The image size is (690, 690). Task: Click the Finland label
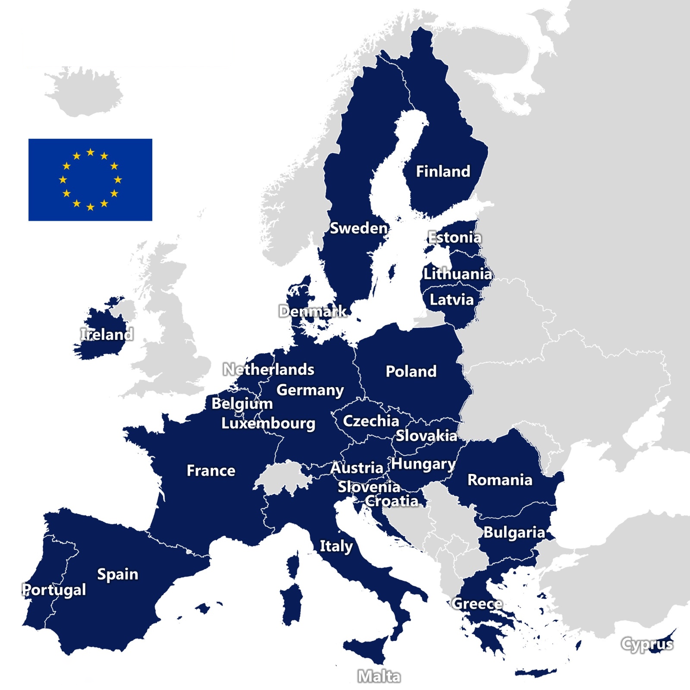tap(443, 172)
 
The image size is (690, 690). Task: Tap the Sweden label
tap(358, 228)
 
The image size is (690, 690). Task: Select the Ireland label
tap(107, 334)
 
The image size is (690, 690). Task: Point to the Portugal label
tap(54, 590)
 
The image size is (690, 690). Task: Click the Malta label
tap(379, 676)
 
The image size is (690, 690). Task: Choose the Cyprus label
tap(647, 644)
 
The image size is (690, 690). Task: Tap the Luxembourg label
tap(268, 423)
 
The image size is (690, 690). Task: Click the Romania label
tap(500, 480)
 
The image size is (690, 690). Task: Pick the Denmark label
tap(313, 311)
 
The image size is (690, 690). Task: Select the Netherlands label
tap(269, 369)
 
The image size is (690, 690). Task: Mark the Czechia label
tap(371, 421)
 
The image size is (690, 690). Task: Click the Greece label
tap(477, 604)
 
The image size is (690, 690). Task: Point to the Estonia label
tap(455, 237)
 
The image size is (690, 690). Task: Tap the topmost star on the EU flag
tap(91, 152)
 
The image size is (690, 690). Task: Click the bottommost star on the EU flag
tap(91, 207)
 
